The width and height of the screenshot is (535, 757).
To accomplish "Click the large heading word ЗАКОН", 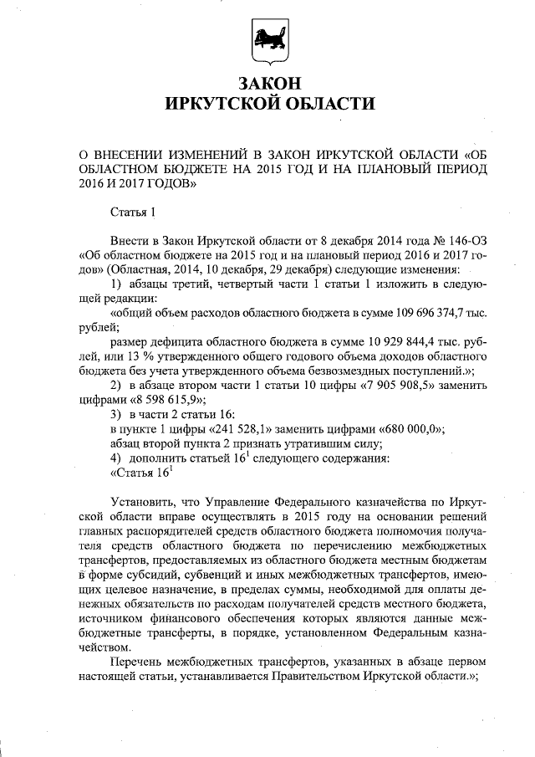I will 267,84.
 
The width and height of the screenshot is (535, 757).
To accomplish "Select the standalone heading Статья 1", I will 133,216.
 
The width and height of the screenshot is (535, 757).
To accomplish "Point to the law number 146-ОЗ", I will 451,240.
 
